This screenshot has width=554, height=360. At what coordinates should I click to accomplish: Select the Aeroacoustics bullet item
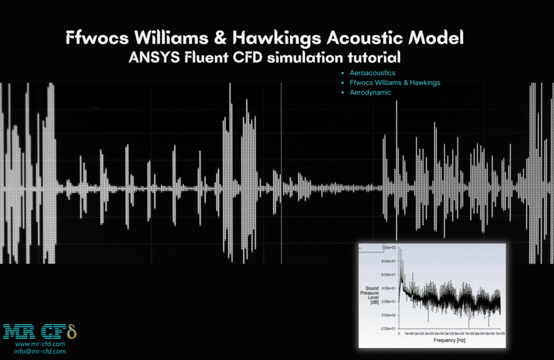(372, 73)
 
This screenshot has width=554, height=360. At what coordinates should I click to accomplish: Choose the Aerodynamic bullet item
(370, 93)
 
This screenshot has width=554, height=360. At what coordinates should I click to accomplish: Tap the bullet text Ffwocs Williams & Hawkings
(394, 83)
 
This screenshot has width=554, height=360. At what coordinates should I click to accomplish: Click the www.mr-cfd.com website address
(40, 344)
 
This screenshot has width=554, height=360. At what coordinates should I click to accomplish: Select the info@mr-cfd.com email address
(40, 351)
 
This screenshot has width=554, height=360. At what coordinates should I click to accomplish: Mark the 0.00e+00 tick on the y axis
(390, 315)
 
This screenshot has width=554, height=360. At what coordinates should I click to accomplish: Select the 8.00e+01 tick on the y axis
(390, 261)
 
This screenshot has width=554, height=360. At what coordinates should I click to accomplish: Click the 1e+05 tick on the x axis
(500, 333)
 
